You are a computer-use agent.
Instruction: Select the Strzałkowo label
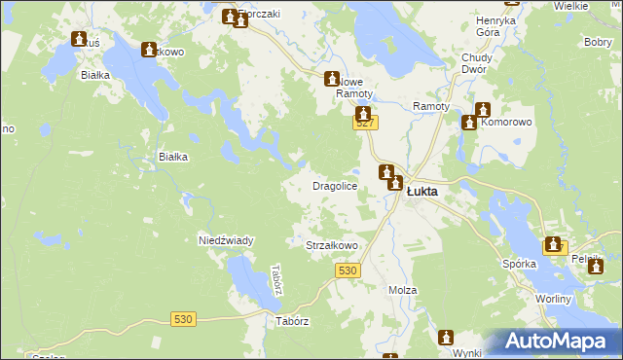click(x=333, y=246)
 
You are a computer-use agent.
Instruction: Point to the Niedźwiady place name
click(x=226, y=240)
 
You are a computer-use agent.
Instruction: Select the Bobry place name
click(x=597, y=43)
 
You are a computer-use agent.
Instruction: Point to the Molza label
click(x=402, y=291)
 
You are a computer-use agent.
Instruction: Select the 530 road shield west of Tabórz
click(x=183, y=319)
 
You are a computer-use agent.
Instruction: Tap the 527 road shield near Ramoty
click(x=365, y=123)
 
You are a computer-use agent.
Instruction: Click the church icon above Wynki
click(x=447, y=337)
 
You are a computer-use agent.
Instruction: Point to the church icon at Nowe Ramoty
click(x=333, y=78)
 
